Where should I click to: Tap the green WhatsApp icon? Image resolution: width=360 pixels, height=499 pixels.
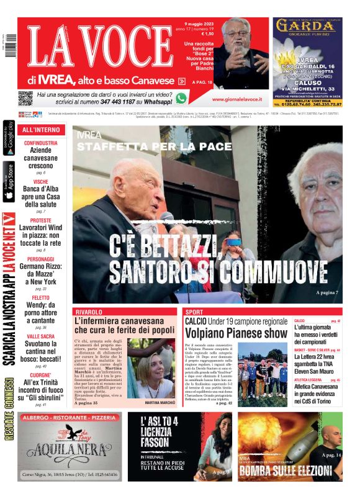[x=181, y=97]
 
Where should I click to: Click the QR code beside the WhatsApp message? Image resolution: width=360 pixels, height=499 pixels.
[x=25, y=97]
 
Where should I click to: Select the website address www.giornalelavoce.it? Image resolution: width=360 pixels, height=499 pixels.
[x=236, y=99]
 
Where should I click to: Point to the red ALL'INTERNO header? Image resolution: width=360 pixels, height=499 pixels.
[x=41, y=130]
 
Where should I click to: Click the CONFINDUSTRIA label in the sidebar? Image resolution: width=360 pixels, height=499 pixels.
[x=41, y=143]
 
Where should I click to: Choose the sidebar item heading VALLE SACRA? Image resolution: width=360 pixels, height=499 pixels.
[x=41, y=336]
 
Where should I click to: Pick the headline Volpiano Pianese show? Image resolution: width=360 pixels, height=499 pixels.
[x=236, y=334]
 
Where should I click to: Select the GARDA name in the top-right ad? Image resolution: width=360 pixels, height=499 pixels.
[x=306, y=27]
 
